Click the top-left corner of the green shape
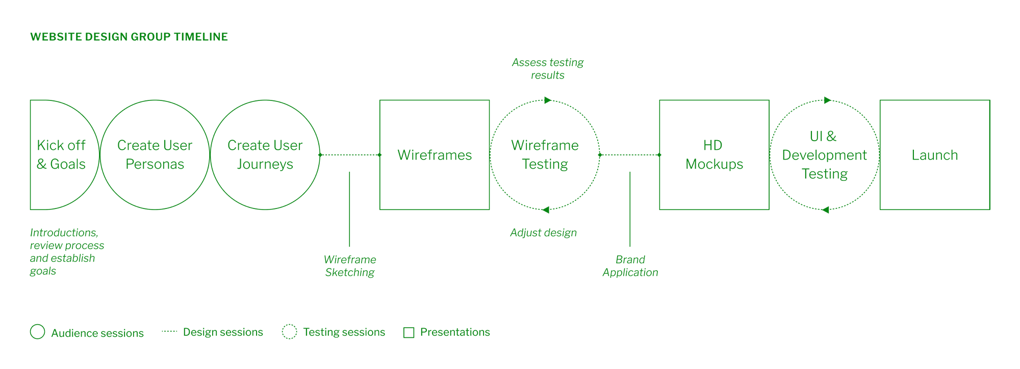pyautogui.click(x=30, y=33)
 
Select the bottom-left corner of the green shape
pyautogui.click(x=30, y=339)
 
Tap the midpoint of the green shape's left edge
pyautogui.click(x=30, y=186)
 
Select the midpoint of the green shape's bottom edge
pyautogui.click(x=405, y=339)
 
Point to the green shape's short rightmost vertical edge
pyautogui.click(x=990, y=123)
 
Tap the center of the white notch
pyautogui.click(x=885, y=277)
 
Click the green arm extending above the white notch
pyautogui.click(x=885, y=123)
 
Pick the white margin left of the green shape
pyautogui.click(x=14, y=186)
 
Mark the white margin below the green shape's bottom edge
pyautogui.click(x=405, y=355)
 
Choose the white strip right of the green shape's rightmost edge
pyautogui.click(x=1005, y=123)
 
